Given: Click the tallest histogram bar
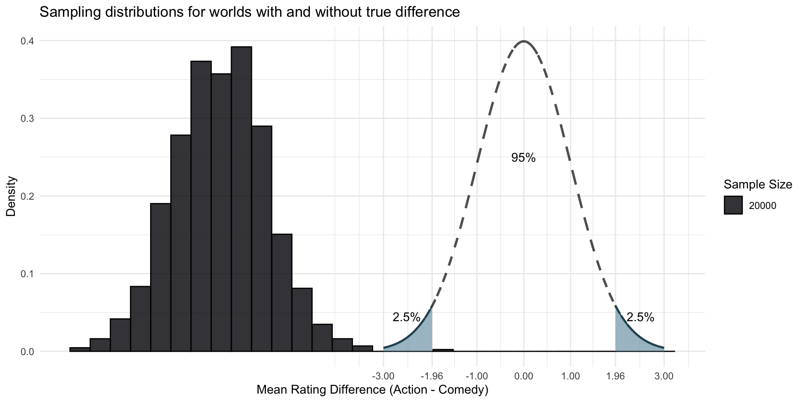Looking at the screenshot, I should [241, 199].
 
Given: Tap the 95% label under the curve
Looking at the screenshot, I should [523, 158].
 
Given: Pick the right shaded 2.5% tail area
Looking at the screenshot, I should [627, 337].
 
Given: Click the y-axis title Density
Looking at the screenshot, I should [11, 196].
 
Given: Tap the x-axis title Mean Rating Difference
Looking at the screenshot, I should [372, 390].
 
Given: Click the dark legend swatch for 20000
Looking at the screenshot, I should [733, 205].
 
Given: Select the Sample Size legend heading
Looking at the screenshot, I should [758, 184].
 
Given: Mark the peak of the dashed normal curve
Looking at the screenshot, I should [524, 41].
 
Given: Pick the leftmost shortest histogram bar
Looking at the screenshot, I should [80, 349].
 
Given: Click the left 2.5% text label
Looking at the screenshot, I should [406, 317].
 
